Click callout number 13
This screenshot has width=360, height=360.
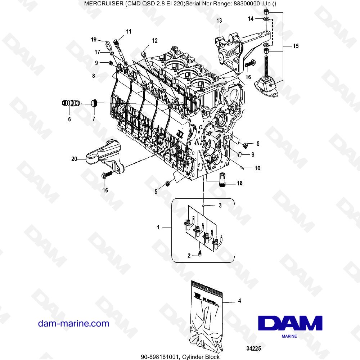tap(219, 21)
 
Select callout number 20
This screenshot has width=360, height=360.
tap(74, 158)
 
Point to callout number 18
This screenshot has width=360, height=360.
tap(239, 183)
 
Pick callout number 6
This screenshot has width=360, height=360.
tap(69, 118)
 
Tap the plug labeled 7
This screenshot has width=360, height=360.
tap(94, 103)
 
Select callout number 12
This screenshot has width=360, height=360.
tap(154, 41)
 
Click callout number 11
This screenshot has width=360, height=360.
tap(129, 32)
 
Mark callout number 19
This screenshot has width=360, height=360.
tap(94, 39)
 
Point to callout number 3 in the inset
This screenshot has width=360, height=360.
tap(220, 205)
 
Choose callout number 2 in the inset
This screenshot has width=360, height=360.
tap(189, 256)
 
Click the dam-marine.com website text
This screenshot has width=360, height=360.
tap(73, 323)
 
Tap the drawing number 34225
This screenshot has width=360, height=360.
tap(253, 348)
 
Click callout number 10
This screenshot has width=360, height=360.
tap(257, 168)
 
